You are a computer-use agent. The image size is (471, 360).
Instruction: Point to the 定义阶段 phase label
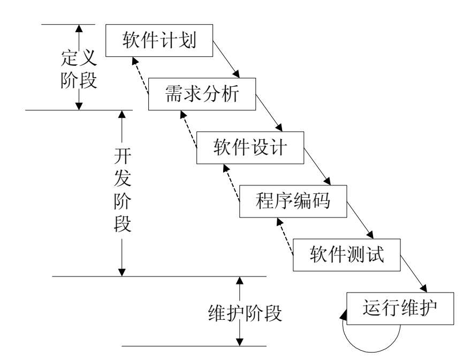(78, 69)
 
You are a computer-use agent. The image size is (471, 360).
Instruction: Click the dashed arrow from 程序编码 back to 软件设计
(231, 183)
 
